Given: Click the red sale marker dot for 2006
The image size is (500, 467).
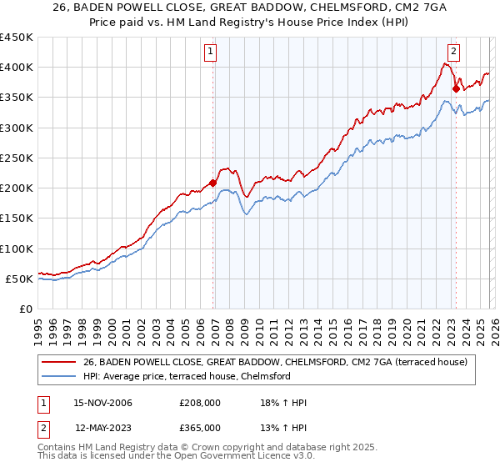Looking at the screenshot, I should tap(213, 183).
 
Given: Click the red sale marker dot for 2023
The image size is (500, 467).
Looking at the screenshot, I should tap(456, 88).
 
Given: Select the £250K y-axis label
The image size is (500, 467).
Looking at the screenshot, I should tap(17, 158).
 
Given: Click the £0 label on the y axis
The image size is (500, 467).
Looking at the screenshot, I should tap(25, 309).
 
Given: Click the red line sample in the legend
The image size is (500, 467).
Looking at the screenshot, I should tap(58, 363).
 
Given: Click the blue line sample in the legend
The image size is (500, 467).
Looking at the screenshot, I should tap(58, 377).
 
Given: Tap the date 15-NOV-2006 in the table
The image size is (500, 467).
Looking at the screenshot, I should tap(98, 403).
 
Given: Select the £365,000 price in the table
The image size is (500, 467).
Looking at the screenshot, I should tap(199, 428).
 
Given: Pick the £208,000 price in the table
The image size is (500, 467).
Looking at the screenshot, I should tap(199, 403).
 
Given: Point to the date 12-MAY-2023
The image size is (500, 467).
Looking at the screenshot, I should tap(98, 428).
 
